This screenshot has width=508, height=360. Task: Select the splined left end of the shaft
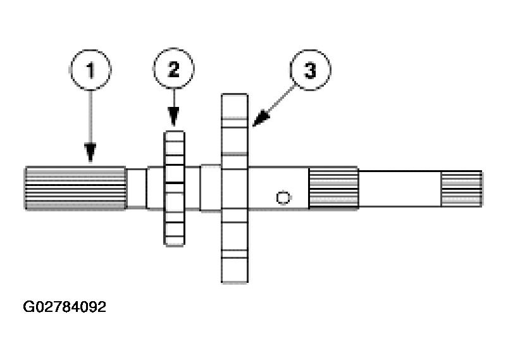[x=75, y=187]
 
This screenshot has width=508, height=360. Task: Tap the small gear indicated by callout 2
[x=175, y=187]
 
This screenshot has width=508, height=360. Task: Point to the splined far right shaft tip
[x=461, y=188]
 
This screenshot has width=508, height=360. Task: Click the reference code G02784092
[x=65, y=307]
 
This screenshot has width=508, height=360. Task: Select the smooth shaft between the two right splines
[x=399, y=188]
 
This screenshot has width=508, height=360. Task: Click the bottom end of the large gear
[x=234, y=276]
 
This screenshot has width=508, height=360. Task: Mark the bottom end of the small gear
[x=175, y=239]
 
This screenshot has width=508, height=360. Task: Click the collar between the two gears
[x=211, y=188]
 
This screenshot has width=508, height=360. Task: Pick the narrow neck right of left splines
[x=135, y=187]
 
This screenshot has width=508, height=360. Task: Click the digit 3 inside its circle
[x=310, y=70]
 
